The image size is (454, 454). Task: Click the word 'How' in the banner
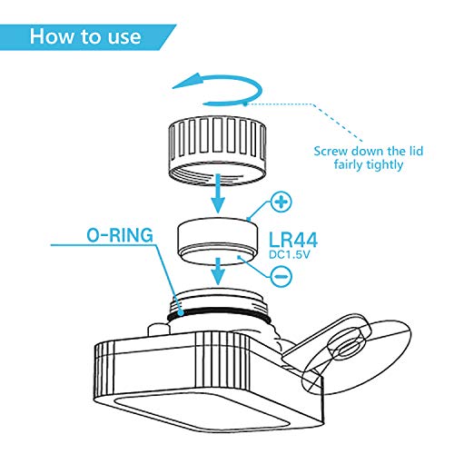53,36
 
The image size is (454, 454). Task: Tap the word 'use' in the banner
124,37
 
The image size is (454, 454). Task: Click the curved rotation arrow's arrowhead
188,81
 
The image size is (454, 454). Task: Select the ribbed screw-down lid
217,150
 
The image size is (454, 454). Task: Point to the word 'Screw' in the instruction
331,151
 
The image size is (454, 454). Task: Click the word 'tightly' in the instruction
384,165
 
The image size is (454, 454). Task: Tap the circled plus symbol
281,202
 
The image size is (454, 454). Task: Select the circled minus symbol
281,276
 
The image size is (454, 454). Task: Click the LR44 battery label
293,241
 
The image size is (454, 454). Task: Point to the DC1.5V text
290,255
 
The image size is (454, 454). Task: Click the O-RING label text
120,235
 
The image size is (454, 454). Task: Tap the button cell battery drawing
218,241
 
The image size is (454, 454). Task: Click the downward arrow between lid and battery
218,193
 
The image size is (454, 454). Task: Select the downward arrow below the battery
218,271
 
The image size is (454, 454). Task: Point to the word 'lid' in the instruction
417,151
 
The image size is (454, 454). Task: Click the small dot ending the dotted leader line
245,104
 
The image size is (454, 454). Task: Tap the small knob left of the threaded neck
157,330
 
